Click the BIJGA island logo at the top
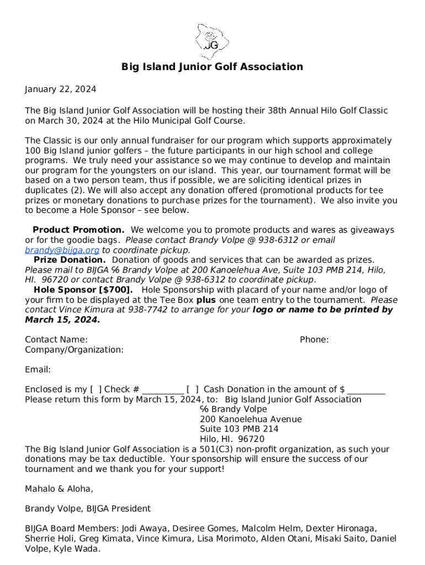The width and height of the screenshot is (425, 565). tap(212, 37)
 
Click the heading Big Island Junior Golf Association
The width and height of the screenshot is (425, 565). tap(212, 67)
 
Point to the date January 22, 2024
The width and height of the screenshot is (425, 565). tap(61, 89)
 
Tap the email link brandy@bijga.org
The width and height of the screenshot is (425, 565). tap(62, 250)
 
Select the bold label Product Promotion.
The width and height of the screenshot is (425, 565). tap(78, 230)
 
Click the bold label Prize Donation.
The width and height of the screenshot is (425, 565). tap(70, 260)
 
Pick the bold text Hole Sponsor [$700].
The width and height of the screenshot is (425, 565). tap(83, 290)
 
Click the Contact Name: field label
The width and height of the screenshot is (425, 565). tap(56, 340)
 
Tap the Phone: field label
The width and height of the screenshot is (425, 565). tap(314, 340)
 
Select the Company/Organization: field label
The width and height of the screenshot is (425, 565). tap(74, 350)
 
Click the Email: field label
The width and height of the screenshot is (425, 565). tap(38, 370)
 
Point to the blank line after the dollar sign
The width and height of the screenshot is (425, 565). tap(366, 391)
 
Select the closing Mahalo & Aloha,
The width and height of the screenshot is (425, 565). tap(59, 489)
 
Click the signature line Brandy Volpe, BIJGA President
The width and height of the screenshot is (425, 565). tap(88, 509)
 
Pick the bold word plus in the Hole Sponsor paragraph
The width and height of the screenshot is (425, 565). tap(206, 300)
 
